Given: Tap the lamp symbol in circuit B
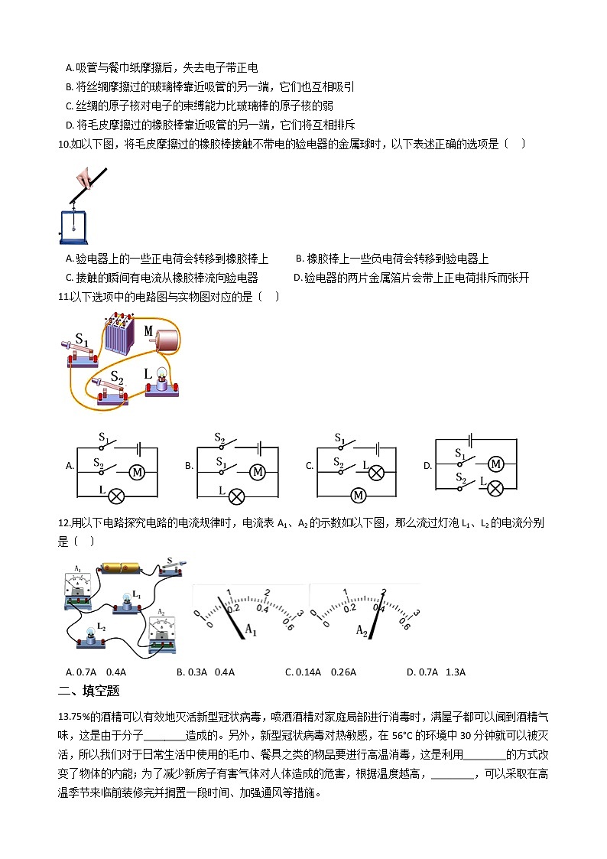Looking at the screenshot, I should (237, 495).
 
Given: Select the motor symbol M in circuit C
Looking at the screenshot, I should (358, 496).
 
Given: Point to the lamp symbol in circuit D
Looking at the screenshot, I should (495, 486).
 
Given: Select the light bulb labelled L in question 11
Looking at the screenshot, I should (161, 380).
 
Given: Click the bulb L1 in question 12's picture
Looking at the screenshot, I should (124, 601).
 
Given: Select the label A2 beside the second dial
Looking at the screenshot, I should (363, 630).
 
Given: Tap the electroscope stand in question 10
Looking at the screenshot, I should (73, 222).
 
